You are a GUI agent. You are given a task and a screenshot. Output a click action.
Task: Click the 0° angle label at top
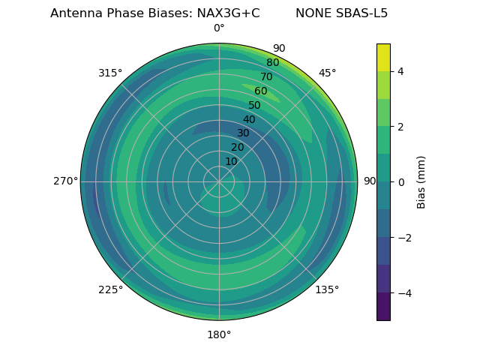(x=219, y=28)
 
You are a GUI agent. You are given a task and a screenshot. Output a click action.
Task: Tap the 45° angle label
(x=327, y=73)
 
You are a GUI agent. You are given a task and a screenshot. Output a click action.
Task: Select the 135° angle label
(x=327, y=289)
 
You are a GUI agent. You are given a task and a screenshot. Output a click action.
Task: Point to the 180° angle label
(x=219, y=334)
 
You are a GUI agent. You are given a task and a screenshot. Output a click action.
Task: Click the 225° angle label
(x=110, y=289)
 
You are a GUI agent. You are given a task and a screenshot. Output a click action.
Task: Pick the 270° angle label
(x=65, y=181)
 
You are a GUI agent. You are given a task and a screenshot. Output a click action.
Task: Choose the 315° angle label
(x=110, y=73)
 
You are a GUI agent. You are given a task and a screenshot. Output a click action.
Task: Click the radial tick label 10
(x=231, y=161)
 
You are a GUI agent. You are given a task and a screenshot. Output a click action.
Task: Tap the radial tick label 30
(x=243, y=133)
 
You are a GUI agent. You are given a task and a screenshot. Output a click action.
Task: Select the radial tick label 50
(x=254, y=106)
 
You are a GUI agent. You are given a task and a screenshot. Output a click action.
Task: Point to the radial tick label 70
(x=266, y=76)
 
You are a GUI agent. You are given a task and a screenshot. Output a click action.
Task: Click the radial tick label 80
(x=272, y=63)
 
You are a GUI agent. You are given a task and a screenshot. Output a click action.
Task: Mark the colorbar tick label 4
(x=400, y=71)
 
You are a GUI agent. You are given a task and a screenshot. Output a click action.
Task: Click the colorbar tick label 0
(x=400, y=181)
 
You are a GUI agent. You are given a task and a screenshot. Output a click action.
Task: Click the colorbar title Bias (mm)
(x=421, y=181)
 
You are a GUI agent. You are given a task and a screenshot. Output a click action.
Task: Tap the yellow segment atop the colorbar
(x=383, y=57)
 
